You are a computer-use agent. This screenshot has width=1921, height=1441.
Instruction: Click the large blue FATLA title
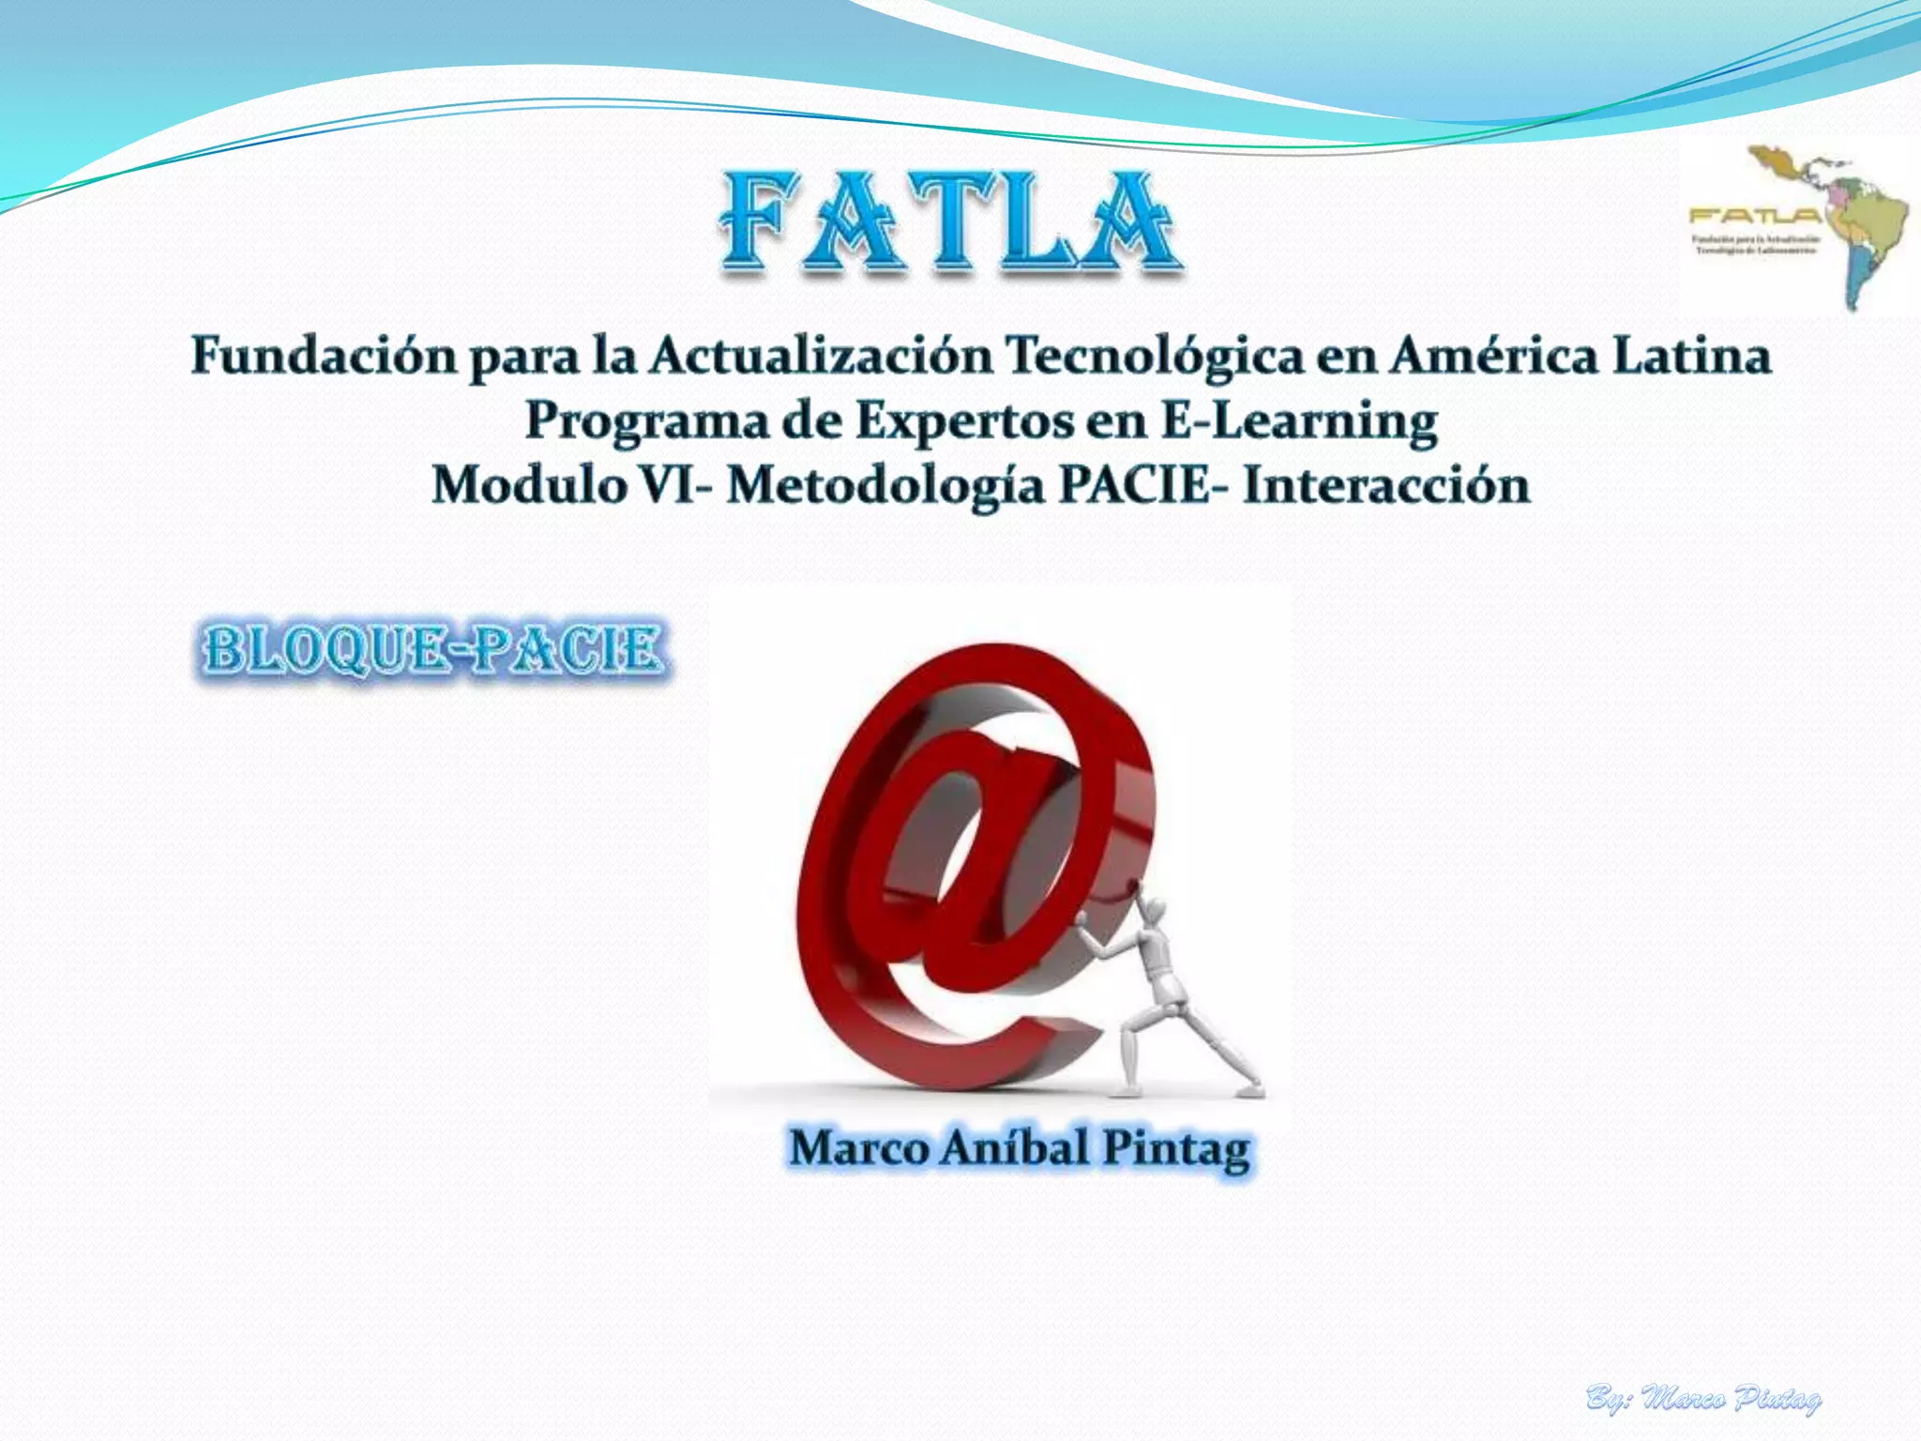pyautogui.click(x=949, y=223)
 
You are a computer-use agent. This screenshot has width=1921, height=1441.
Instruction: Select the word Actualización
pyautogui.click(x=821, y=357)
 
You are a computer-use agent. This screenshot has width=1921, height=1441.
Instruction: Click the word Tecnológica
pyautogui.click(x=1154, y=357)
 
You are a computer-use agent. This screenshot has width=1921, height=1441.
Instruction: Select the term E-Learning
pyautogui.click(x=1299, y=421)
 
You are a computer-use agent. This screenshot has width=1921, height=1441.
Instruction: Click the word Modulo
pyautogui.click(x=529, y=486)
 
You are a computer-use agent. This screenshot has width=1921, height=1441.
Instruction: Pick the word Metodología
pyautogui.click(x=885, y=486)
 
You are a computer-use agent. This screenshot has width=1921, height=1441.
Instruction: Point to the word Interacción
pyautogui.click(x=1386, y=486)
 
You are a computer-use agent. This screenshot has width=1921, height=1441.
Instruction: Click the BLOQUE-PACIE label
pyautogui.click(x=433, y=649)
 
